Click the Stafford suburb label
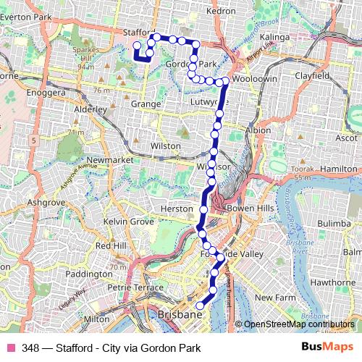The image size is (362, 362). coord(140,33)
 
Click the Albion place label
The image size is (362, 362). coord(258,130)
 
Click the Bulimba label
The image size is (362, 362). coord(333,225)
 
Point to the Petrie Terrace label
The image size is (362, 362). coord(132,287)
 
